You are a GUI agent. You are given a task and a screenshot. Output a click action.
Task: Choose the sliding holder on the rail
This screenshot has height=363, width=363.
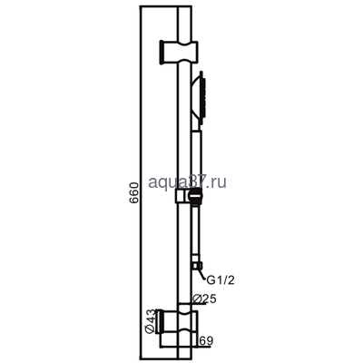click(x=185, y=196)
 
